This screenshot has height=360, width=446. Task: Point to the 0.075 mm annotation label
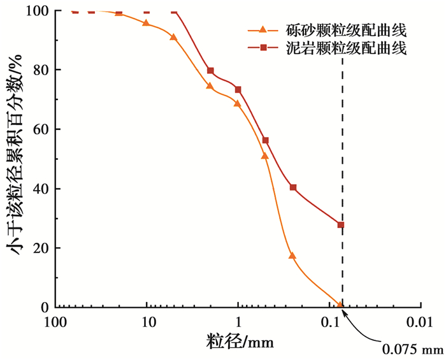pos(412,349)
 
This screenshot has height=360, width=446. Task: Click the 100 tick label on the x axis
pos(56,322)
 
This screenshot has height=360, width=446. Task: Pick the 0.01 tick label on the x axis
pos(420,322)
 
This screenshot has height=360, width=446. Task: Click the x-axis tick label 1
pos(238,322)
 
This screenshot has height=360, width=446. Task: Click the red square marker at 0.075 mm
pos(341,224)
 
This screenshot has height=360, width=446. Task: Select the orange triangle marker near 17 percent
pos(292,256)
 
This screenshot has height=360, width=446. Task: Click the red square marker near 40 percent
pos(293,187)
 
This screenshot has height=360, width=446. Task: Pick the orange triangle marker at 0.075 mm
pos(341,305)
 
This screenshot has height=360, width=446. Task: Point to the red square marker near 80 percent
pos(210,71)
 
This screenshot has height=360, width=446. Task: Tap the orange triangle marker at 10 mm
pos(147,23)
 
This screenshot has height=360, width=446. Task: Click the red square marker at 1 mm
pos(238,89)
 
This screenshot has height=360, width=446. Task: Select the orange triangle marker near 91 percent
pos(174,37)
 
